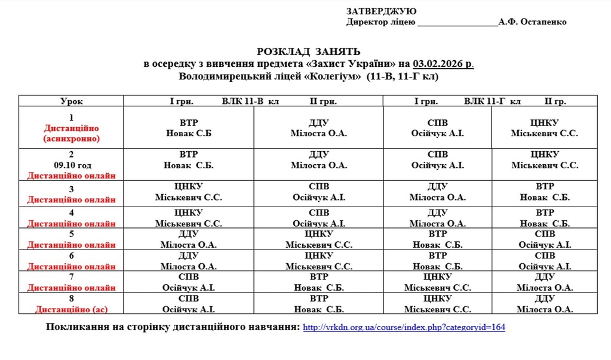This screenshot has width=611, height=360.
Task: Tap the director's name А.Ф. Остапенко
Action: [533, 22]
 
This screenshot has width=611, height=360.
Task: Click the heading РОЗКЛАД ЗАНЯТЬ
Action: [308, 52]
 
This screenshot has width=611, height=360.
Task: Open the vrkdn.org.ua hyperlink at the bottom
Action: [404, 328]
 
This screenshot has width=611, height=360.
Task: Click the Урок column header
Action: [71, 101]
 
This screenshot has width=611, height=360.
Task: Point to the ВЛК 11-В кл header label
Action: [250, 101]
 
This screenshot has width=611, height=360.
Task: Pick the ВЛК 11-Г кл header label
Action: [492, 101]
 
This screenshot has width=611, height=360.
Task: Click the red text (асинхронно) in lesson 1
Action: [71, 139]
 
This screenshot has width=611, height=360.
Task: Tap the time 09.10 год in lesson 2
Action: [71, 165]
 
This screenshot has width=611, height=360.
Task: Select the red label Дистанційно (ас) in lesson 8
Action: [71, 309]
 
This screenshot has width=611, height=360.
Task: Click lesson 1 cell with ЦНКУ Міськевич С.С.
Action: [544, 128]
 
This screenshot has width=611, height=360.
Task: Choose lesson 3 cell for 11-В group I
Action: [188, 192]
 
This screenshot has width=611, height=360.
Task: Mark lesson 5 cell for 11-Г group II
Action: [544, 239]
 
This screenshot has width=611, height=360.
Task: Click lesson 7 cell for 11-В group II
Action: [319, 282]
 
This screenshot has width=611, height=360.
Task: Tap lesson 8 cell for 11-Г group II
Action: [544, 303]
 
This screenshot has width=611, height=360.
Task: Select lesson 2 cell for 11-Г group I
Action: [437, 160]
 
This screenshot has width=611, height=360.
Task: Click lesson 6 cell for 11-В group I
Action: [188, 260]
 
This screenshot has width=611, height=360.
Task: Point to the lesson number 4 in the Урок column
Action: [71, 213]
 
